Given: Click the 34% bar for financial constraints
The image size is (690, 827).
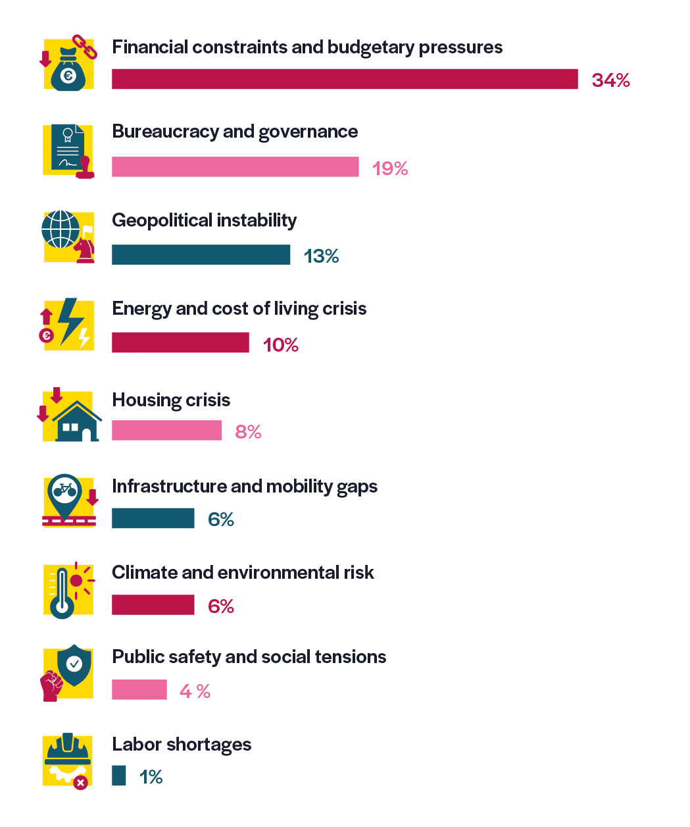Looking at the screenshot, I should tap(345, 79).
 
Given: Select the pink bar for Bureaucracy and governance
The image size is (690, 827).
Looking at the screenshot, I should tap(235, 167).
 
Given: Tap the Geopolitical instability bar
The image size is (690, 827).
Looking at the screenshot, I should tap(201, 255).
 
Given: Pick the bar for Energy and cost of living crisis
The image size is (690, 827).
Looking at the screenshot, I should tap(180, 342).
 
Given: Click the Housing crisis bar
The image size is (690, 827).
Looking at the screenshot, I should tap(166, 431).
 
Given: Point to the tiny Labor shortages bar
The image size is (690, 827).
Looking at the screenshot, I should tap(118, 776).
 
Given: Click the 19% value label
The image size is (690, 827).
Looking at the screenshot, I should tap(390, 169).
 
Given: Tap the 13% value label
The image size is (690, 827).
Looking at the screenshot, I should tap(321, 256).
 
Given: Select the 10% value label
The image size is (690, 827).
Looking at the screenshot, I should tap(280, 345).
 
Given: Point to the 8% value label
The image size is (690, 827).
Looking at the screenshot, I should tap(248, 432).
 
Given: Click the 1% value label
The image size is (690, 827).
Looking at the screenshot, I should tap(151, 777).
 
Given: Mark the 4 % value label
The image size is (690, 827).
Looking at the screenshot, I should tap(195, 691).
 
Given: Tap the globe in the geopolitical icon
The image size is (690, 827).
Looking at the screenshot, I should tap(61, 229).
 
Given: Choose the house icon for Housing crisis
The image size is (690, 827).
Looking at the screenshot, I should tap(77, 421).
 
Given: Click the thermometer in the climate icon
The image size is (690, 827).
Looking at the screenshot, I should tap(62, 593).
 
